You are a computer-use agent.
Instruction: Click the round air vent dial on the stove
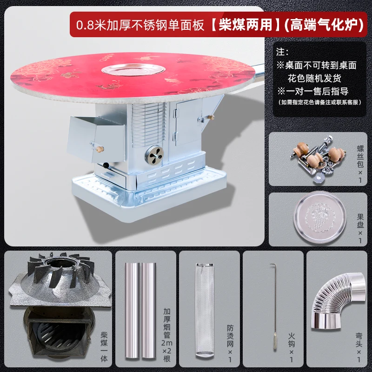154,155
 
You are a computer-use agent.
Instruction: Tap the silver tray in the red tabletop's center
133,70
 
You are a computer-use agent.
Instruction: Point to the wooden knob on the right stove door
211,117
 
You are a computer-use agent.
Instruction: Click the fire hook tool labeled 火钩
274,306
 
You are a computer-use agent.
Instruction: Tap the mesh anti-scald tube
205,310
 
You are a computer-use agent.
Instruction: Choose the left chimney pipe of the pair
133,310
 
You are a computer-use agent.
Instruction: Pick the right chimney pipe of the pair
149,310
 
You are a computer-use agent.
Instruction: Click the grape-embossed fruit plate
319,219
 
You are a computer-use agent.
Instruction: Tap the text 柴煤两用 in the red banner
246,25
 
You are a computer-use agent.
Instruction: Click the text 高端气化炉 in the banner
324,25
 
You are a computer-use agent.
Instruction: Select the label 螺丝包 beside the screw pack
360,157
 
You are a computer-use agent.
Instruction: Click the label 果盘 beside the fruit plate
360,221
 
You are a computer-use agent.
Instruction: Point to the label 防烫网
230,336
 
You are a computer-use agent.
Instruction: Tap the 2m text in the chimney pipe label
167,343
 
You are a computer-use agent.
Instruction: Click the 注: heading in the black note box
283,52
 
